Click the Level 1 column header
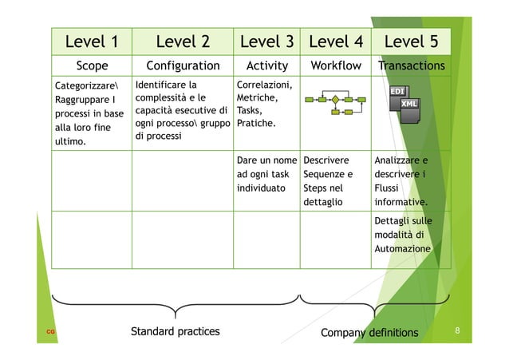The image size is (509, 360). click(x=92, y=41)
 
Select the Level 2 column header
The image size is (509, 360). click(x=183, y=41)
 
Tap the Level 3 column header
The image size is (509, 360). click(x=267, y=41)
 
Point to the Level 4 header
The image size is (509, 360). click(x=335, y=41)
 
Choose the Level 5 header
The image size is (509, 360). click(x=411, y=41)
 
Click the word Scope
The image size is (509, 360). click(x=92, y=65)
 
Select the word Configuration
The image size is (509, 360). click(x=183, y=65)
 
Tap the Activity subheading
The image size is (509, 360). click(x=267, y=65)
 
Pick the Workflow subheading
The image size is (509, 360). click(x=335, y=65)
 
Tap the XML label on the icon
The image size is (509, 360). click(x=409, y=105)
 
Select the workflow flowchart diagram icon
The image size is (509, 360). click(x=335, y=101)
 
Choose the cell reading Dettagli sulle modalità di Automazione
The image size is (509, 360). click(x=403, y=235)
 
